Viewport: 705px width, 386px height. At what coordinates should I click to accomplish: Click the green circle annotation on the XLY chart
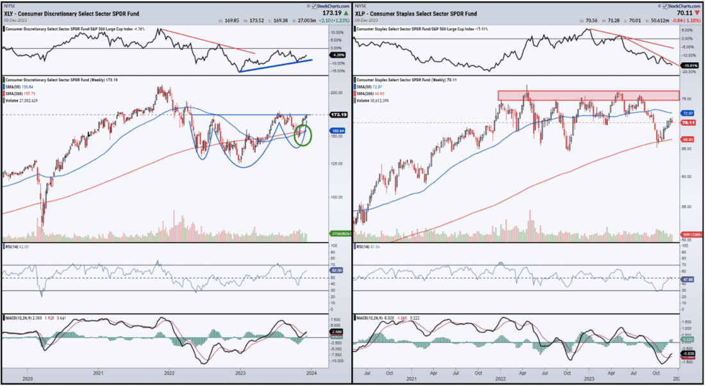click(302, 134)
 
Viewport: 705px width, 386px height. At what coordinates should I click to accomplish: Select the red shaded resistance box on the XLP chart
click(588, 95)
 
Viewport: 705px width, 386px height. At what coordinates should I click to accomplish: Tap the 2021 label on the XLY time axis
click(98, 373)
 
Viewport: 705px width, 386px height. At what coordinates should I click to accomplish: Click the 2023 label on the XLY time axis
click(240, 373)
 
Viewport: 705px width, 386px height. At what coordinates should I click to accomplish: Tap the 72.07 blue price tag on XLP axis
click(689, 113)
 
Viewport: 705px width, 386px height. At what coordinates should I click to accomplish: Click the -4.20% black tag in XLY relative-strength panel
click(336, 54)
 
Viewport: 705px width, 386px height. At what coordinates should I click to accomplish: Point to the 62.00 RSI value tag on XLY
click(336, 271)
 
